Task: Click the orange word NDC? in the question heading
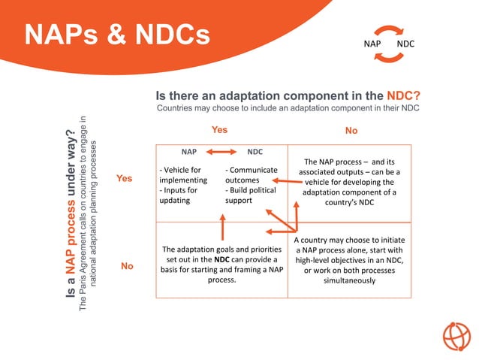click(x=403, y=96)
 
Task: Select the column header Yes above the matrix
click(x=219, y=130)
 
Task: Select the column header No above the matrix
click(x=351, y=131)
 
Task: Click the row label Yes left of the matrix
click(x=124, y=179)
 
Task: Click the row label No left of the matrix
click(x=127, y=266)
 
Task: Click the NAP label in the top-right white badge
click(x=372, y=44)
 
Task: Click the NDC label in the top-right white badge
click(x=405, y=44)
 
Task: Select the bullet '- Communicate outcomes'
click(x=252, y=175)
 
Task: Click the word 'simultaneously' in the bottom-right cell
click(x=349, y=280)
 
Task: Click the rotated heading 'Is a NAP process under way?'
click(x=72, y=218)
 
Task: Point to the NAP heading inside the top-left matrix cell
click(x=188, y=152)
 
